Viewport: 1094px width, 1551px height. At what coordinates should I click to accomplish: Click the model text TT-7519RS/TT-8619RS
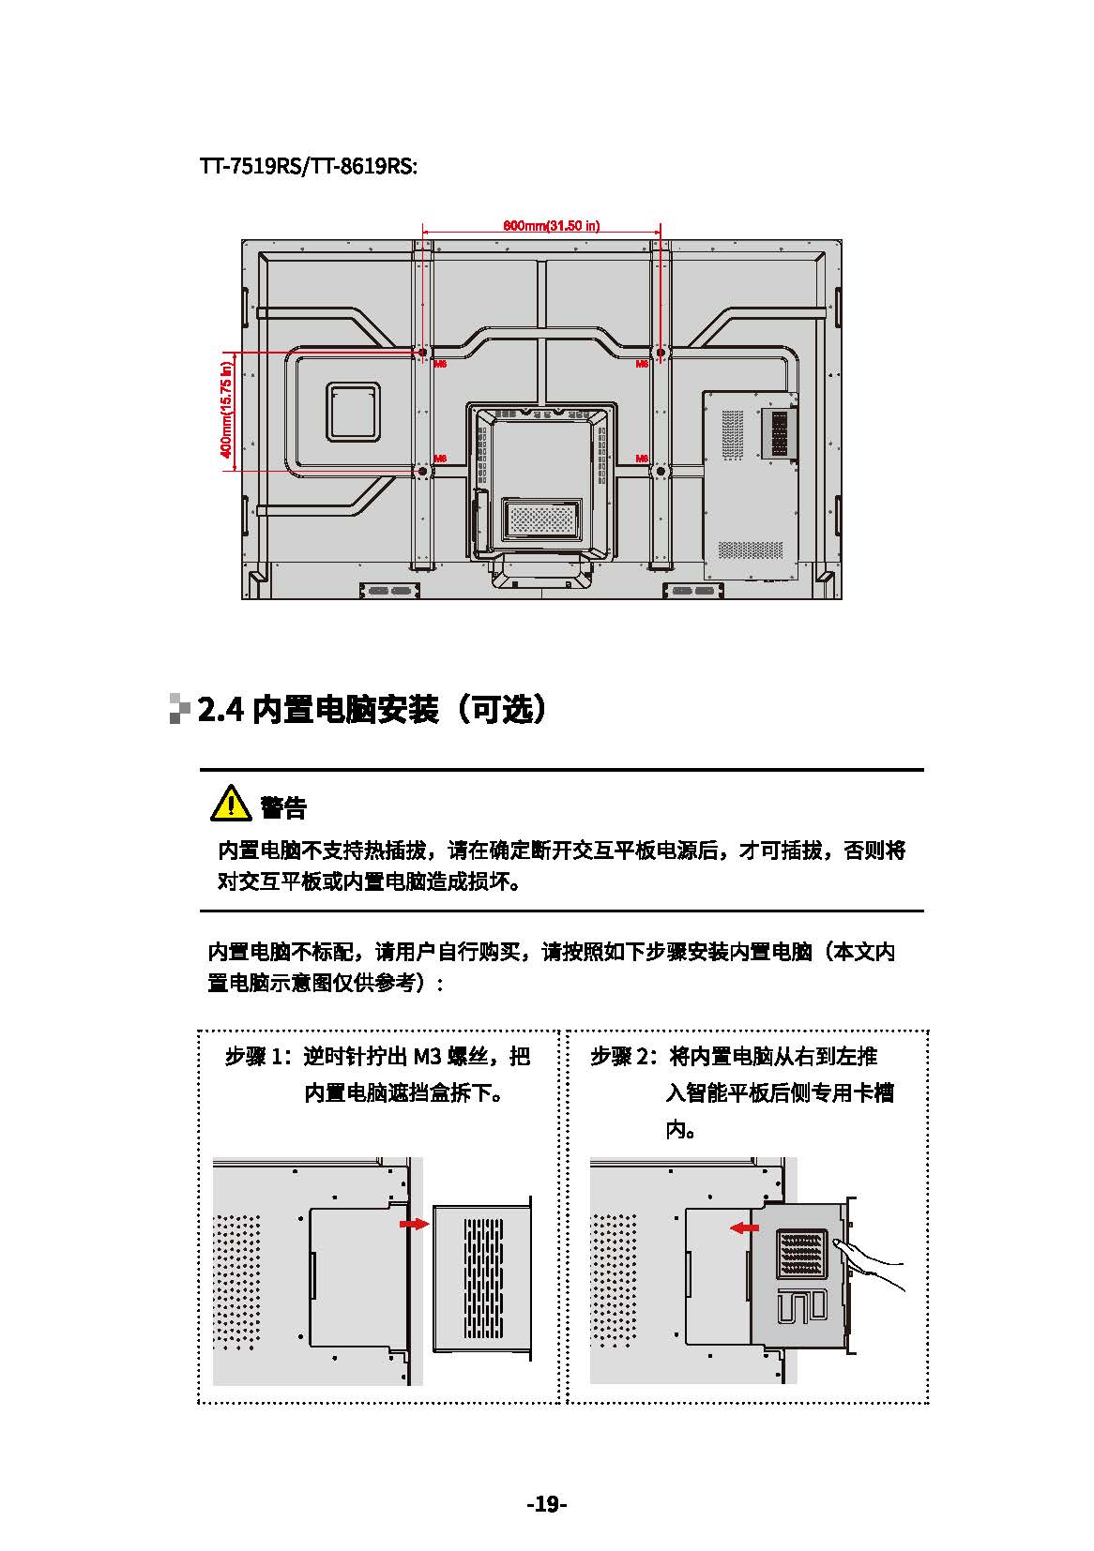point(309,167)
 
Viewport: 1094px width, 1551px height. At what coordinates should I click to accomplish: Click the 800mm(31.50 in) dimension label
point(552,225)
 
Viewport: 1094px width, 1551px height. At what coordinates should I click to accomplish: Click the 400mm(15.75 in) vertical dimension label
point(226,412)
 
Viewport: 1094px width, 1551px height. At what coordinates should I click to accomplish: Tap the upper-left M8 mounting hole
point(422,353)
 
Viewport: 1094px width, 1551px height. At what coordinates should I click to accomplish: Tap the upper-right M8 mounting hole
point(660,353)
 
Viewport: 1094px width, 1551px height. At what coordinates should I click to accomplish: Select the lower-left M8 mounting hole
point(422,470)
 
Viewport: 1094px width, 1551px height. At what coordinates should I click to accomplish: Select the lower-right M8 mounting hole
point(660,470)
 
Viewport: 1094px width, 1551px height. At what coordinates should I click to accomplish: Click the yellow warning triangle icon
point(230,803)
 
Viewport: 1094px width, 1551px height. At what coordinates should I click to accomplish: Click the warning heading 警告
point(283,806)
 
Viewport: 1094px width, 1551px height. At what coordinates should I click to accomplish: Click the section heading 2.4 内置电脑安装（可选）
point(372,710)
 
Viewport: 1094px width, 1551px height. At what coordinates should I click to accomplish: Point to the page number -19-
point(547,1504)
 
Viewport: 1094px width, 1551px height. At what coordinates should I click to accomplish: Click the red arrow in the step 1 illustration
point(414,1224)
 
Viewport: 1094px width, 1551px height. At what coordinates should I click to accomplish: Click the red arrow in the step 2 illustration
point(746,1227)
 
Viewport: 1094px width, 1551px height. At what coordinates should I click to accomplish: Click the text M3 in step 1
point(427,1057)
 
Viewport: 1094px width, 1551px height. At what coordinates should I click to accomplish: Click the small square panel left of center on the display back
point(354,412)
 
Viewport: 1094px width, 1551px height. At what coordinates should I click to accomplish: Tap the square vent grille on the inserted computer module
point(802,1254)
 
